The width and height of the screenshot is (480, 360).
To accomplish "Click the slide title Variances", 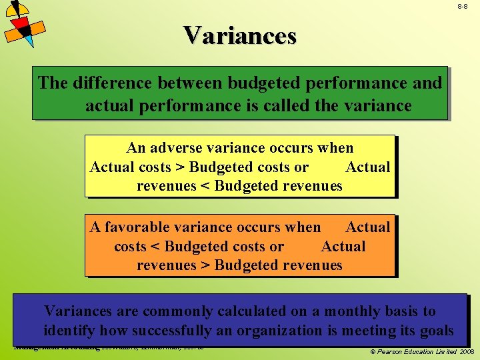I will pyautogui.click(x=239, y=35).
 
